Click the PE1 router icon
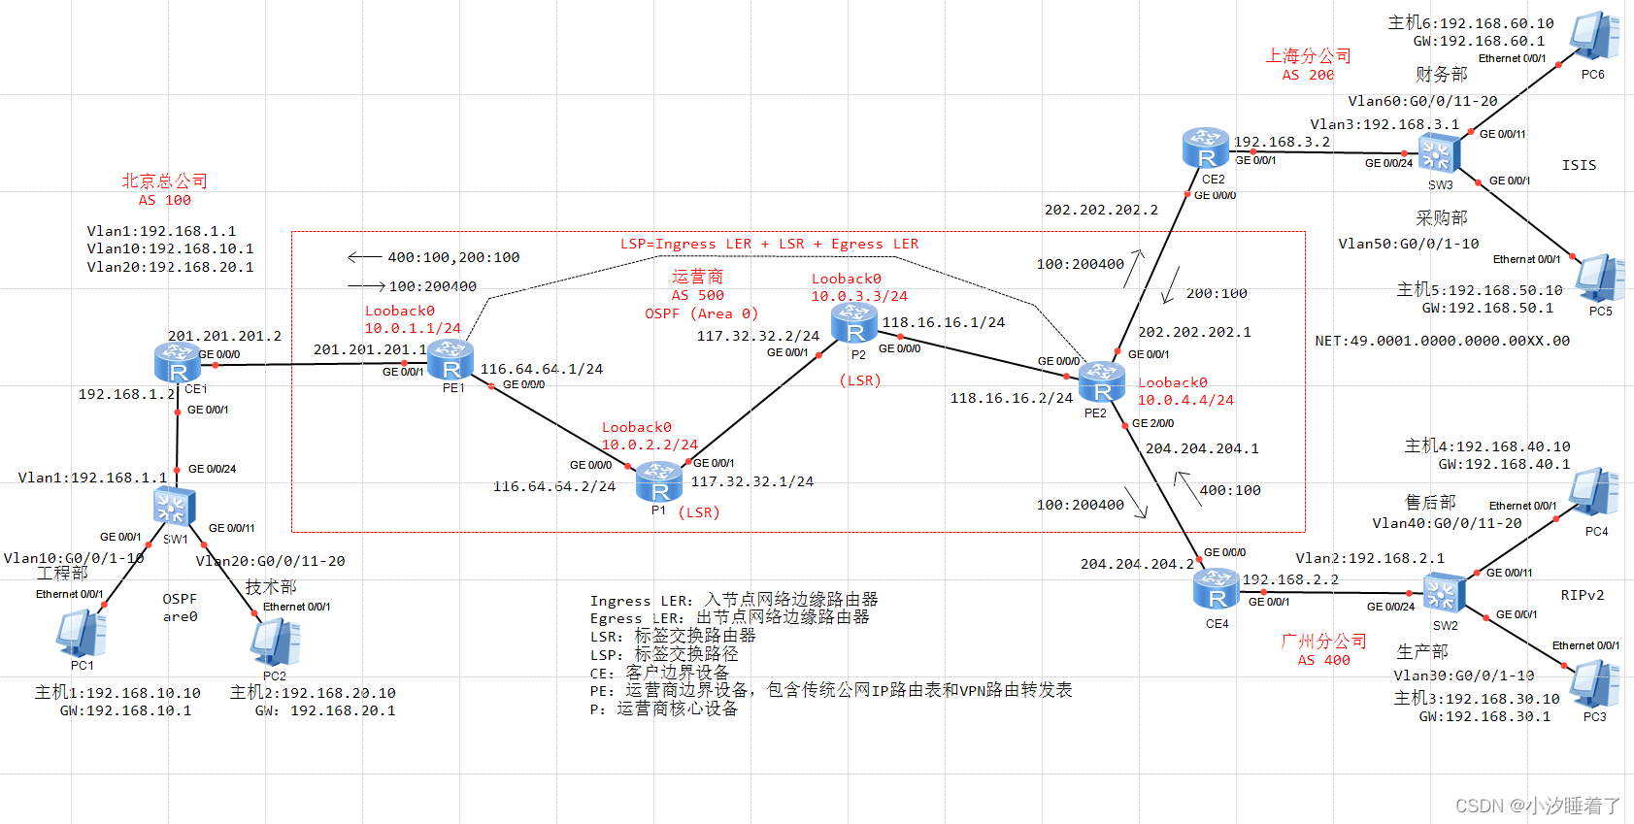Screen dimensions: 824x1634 point(450,361)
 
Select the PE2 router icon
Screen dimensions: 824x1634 point(1102,382)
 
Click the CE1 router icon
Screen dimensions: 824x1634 point(178,362)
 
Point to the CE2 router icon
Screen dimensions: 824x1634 point(1206,148)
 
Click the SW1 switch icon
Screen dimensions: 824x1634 point(175,507)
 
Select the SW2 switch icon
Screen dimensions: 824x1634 point(1444,593)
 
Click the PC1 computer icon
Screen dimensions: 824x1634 point(82,635)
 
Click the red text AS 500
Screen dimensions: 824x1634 point(697,295)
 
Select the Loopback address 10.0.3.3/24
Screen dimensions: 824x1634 point(859,296)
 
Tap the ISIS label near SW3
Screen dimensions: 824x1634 point(1579,165)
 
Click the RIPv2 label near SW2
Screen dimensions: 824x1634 point(1582,595)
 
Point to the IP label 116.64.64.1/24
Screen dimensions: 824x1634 point(541,369)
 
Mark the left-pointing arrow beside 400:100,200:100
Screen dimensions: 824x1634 point(364,257)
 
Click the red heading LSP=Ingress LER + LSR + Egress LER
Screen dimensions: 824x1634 point(769,244)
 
